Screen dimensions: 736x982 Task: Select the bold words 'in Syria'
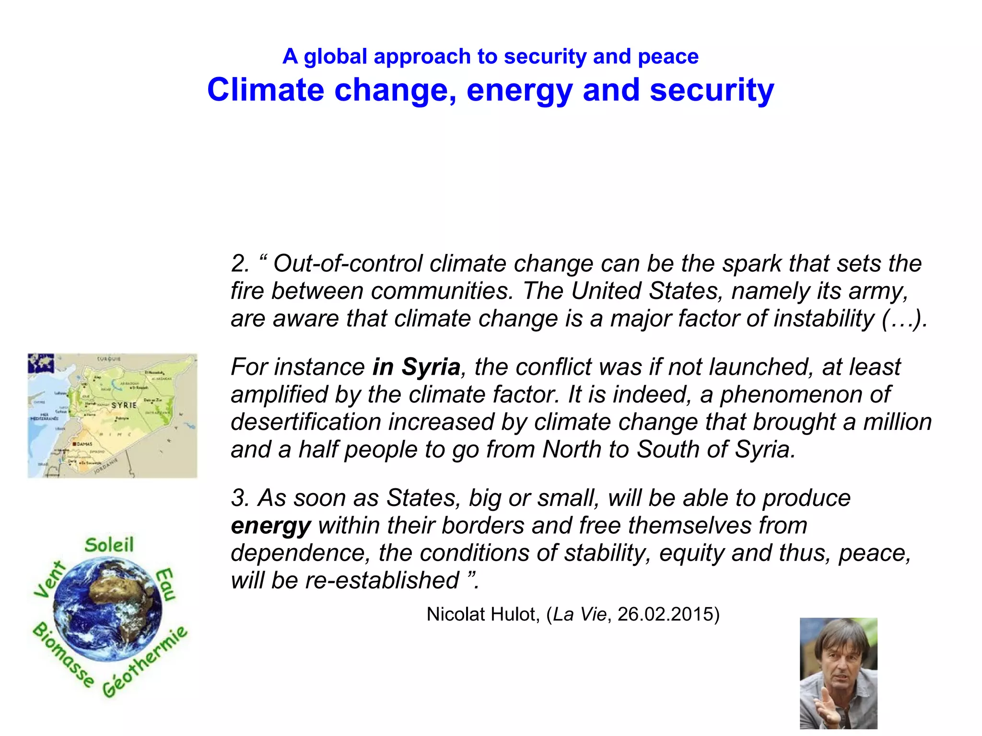pos(416,367)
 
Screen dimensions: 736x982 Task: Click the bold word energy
pos(271,526)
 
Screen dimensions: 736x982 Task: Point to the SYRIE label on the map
pos(124,405)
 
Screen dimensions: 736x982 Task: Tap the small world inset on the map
pos(41,363)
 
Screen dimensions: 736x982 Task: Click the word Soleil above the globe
pos(109,545)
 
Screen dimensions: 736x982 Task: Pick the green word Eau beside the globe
pos(166,584)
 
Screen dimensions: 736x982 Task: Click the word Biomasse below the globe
pos(63,654)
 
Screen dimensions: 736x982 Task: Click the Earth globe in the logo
pos(108,609)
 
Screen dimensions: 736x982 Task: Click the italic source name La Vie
pos(579,615)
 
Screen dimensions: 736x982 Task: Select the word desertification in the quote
pos(305,422)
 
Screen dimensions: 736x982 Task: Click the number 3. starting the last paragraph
pos(240,498)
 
